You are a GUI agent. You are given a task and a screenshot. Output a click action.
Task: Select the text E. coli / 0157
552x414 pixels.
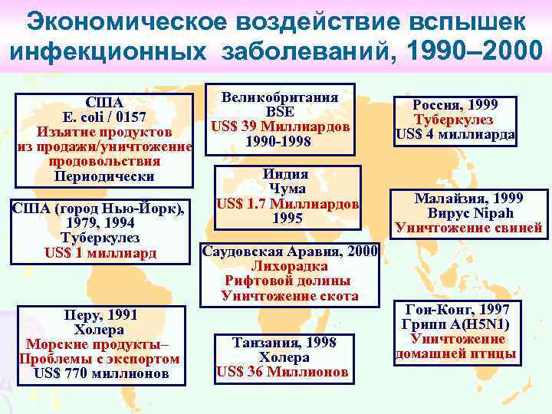click(104, 117)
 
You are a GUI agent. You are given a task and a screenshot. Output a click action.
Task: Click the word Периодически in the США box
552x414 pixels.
click(104, 176)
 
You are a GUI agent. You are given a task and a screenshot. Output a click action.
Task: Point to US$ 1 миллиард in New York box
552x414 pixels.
click(100, 252)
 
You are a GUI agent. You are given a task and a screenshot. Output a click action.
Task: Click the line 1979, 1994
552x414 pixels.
click(100, 223)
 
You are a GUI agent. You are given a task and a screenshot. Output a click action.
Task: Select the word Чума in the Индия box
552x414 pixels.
click(287, 189)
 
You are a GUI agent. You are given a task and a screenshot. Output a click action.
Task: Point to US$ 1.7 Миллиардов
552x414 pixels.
click(287, 204)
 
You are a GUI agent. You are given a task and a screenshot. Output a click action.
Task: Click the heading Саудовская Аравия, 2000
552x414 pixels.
click(289, 251)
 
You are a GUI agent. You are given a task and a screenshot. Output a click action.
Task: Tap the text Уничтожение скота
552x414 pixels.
click(289, 295)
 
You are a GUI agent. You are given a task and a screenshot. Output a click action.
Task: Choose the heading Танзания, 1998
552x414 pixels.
click(284, 343)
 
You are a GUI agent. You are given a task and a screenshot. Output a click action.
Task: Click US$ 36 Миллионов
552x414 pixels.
click(284, 372)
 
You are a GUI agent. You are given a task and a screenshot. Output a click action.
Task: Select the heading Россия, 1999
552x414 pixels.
click(455, 105)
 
